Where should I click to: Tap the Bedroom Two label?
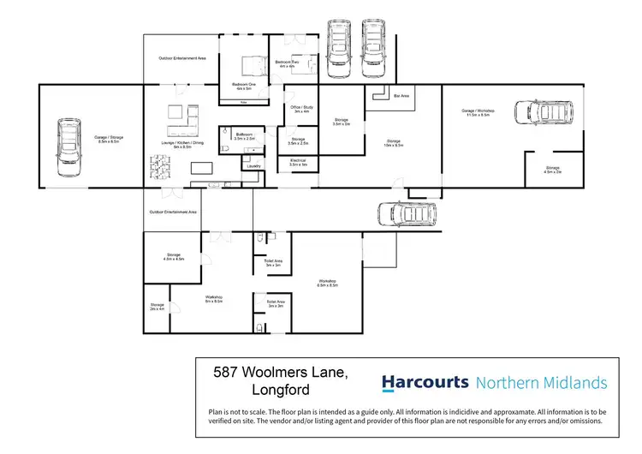tap(287, 64)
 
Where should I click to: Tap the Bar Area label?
tap(401, 96)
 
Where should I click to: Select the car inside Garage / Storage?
tap(68, 145)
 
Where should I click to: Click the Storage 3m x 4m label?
tap(157, 306)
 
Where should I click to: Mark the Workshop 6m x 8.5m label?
tap(213, 299)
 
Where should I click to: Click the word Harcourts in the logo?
tap(425, 382)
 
